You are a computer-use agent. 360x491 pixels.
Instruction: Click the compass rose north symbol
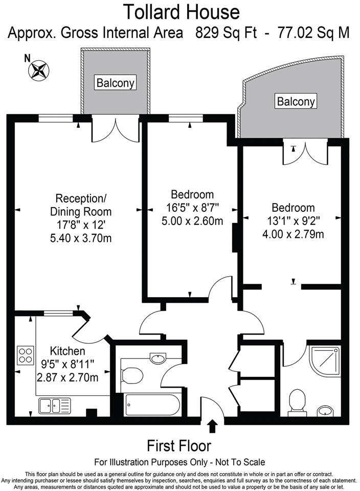[39, 70]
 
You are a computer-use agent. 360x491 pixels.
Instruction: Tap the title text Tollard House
[182, 11]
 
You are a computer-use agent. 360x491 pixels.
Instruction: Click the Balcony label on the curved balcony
[296, 101]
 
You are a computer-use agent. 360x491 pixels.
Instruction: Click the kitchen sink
[54, 406]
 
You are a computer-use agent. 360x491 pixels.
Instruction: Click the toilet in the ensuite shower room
[297, 401]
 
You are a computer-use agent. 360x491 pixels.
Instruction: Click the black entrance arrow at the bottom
[213, 426]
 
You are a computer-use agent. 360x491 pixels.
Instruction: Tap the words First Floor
[179, 445]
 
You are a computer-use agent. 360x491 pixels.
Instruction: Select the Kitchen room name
[67, 351]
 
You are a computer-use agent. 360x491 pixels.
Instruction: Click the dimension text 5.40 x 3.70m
[81, 238]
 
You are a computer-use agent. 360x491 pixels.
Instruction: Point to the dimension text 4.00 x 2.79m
[292, 235]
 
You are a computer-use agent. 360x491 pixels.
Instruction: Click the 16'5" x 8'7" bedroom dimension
[192, 208]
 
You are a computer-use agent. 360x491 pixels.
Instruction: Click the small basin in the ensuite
[325, 411]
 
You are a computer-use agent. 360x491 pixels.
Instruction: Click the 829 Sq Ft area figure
[230, 33]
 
